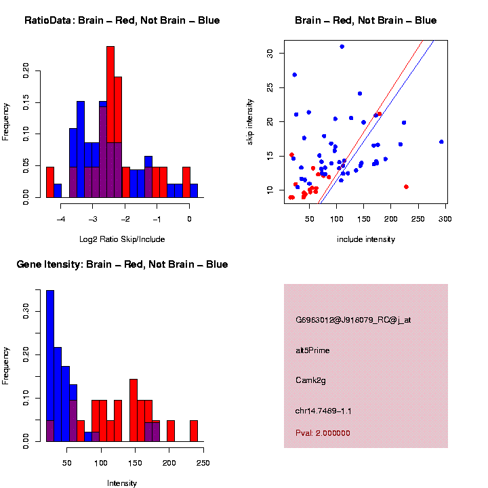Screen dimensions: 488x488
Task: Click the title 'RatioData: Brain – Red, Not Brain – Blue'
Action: (x=122, y=20)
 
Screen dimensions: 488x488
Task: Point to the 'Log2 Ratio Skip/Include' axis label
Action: (x=122, y=239)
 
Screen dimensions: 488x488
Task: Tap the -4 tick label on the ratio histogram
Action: (x=62, y=218)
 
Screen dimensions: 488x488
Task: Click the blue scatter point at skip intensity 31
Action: (x=342, y=47)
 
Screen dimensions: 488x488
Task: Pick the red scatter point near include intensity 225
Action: (x=406, y=186)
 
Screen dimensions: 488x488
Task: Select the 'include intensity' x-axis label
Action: (x=366, y=239)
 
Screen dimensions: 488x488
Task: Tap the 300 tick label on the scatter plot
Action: (x=445, y=218)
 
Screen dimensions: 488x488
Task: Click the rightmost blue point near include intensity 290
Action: (x=441, y=142)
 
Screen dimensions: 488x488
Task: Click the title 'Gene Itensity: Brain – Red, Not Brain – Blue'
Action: (x=122, y=264)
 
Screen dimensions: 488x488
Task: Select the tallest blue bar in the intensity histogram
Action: (x=50, y=366)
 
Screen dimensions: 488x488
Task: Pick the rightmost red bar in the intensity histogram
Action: (x=194, y=431)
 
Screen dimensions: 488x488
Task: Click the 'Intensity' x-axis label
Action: (x=122, y=483)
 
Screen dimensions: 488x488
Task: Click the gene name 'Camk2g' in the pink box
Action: (x=311, y=380)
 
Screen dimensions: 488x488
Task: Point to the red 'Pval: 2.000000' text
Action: (x=323, y=433)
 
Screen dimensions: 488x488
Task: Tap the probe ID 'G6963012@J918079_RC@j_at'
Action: (x=352, y=320)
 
